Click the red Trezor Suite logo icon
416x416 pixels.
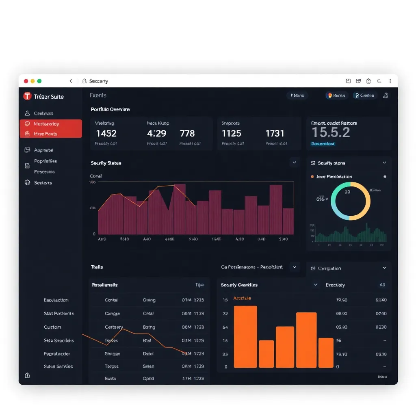click(27, 96)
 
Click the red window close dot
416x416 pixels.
click(26, 81)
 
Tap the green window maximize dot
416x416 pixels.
click(39, 81)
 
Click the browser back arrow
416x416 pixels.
click(71, 81)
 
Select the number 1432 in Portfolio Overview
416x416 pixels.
click(106, 133)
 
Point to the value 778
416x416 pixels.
click(187, 133)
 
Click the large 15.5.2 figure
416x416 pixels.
click(331, 132)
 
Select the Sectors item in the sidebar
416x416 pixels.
click(43, 183)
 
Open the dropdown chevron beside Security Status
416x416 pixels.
click(294, 162)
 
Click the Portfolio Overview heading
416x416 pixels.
click(110, 109)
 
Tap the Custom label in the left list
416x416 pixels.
click(52, 327)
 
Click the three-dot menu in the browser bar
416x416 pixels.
click(390, 81)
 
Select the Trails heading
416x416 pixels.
click(97, 267)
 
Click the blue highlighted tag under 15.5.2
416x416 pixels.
click(323, 144)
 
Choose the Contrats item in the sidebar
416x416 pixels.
click(43, 113)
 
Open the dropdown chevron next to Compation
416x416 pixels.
click(384, 268)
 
